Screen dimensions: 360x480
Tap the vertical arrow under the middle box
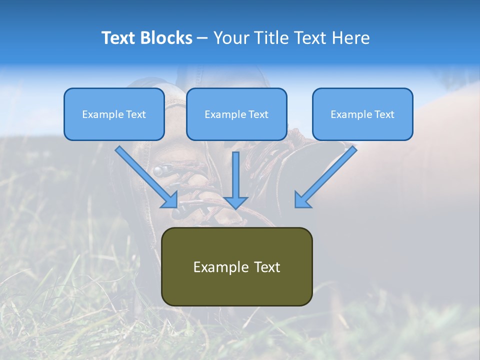coord(236,180)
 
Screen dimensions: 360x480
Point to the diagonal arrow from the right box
coord(326,176)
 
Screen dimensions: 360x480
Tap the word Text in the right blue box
coord(384,114)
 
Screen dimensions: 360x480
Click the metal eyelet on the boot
coord(158,171)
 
